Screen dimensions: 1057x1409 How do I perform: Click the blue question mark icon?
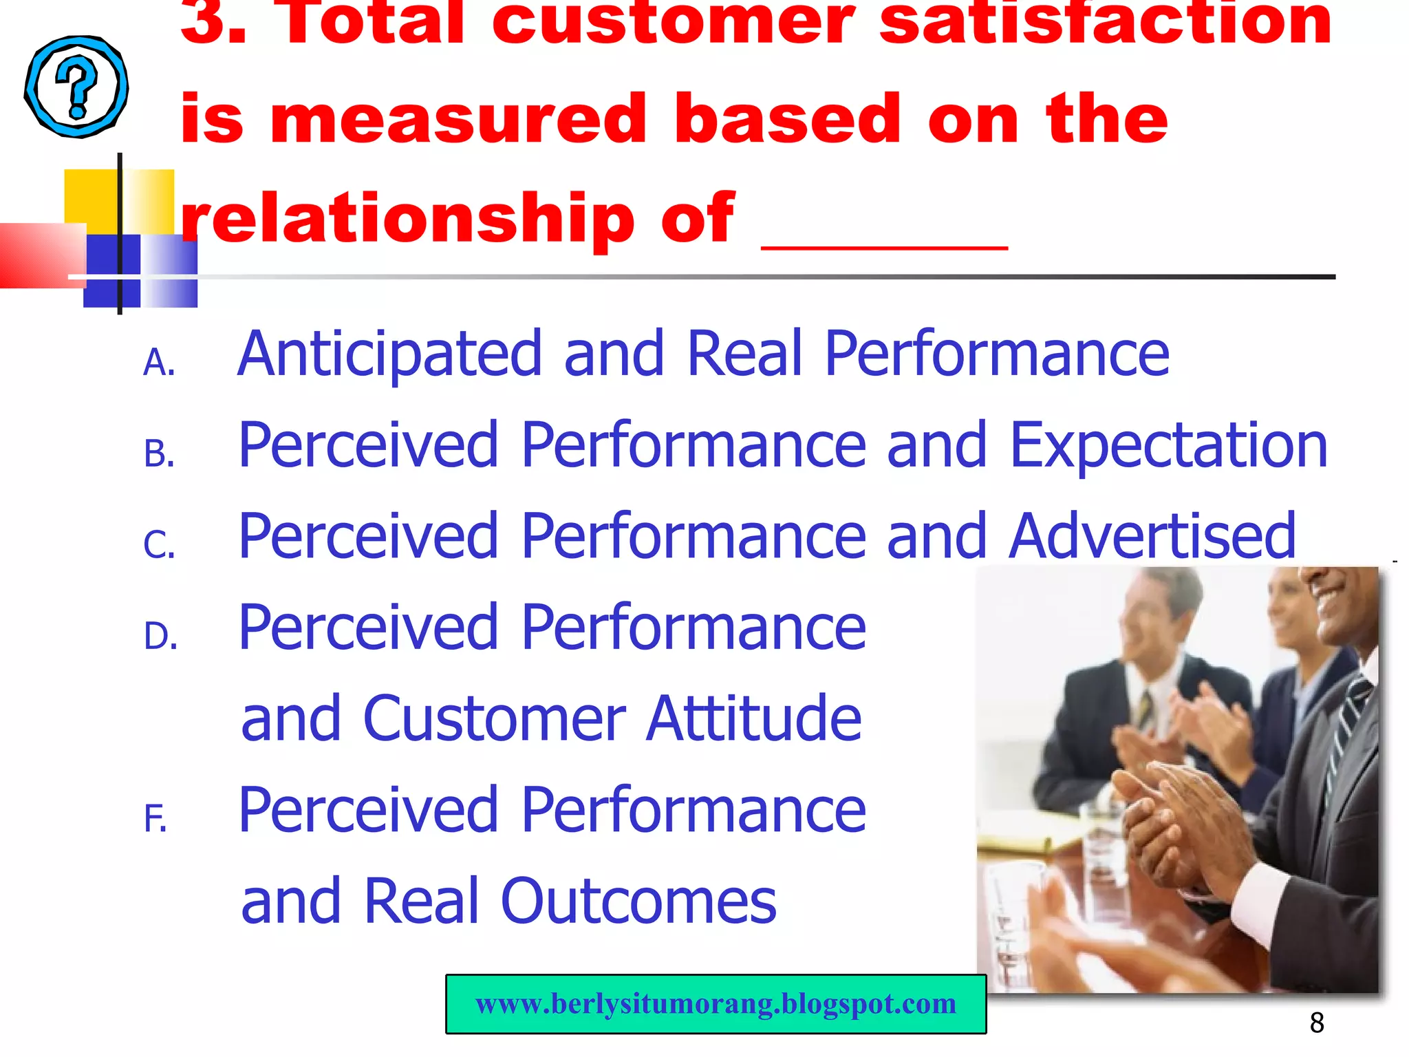click(76, 87)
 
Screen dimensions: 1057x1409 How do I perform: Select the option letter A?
click(159, 363)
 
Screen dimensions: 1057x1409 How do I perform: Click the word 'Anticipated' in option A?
click(389, 355)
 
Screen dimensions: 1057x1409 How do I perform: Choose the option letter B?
click(159, 455)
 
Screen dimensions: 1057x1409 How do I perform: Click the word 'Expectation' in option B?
click(1168, 446)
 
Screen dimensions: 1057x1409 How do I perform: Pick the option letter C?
click(159, 546)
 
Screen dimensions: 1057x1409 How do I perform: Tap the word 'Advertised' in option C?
click(1152, 537)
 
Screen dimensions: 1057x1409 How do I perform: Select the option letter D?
click(160, 637)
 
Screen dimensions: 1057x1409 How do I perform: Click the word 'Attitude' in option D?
click(753, 719)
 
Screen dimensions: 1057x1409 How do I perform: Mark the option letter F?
click(155, 820)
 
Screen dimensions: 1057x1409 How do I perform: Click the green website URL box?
click(716, 1004)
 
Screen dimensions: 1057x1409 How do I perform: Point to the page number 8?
click(1317, 1023)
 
